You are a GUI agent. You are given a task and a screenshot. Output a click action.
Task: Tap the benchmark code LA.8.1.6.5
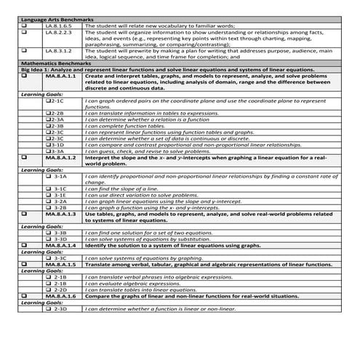pyautogui.click(x=57, y=24)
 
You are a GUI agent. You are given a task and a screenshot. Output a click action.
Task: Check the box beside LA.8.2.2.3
pyautogui.click(x=26, y=32)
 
